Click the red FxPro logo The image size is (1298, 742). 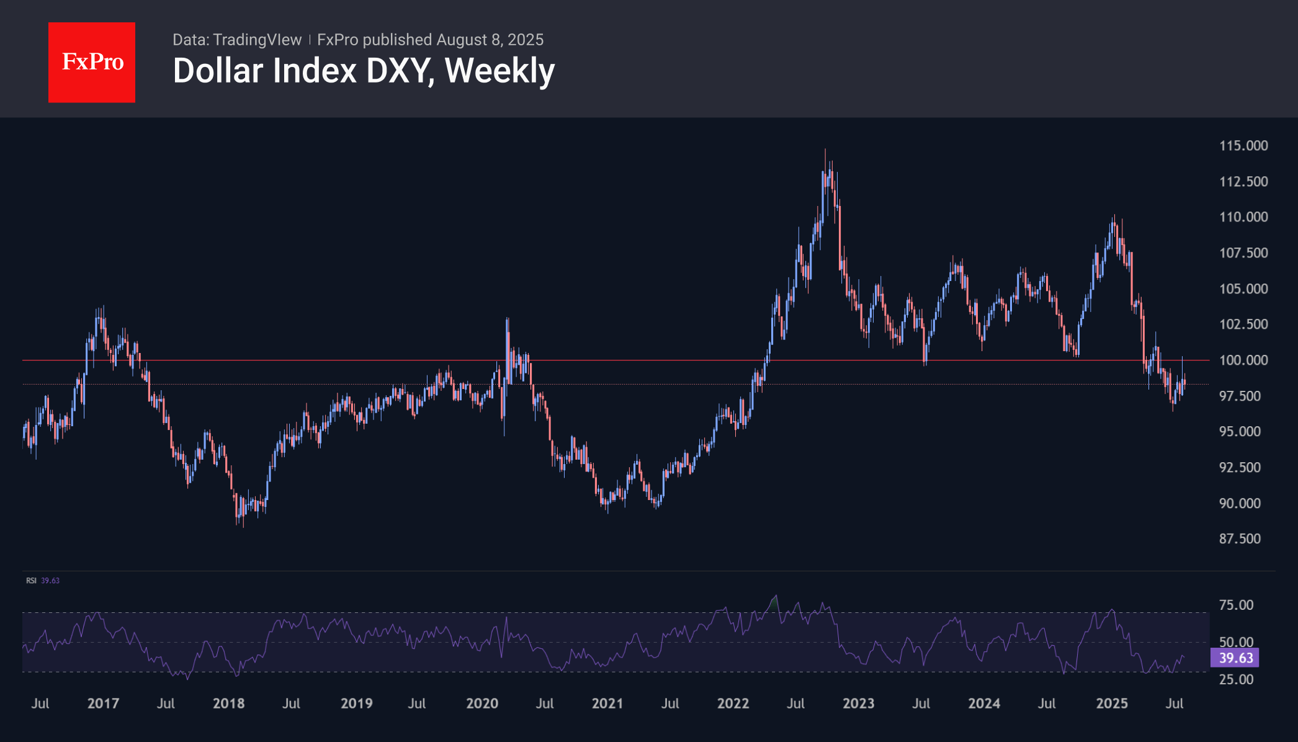pyautogui.click(x=92, y=62)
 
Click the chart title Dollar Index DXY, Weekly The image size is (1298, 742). pyautogui.click(x=364, y=71)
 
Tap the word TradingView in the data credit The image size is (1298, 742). pyautogui.click(x=257, y=40)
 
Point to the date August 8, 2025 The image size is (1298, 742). pyautogui.click(x=490, y=40)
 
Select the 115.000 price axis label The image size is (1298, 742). pyautogui.click(x=1243, y=146)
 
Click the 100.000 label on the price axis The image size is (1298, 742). pyautogui.click(x=1243, y=360)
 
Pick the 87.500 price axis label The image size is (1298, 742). pyautogui.click(x=1240, y=539)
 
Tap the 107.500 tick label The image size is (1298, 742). pyautogui.click(x=1243, y=253)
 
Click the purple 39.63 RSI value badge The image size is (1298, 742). pyautogui.click(x=1235, y=658)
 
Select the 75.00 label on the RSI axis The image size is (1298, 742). pyautogui.click(x=1236, y=605)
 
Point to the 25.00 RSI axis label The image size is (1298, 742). pyautogui.click(x=1236, y=679)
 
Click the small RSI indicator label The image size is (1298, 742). pyautogui.click(x=31, y=581)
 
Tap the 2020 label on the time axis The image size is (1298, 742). pyautogui.click(x=482, y=704)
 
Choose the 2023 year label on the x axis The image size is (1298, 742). pyautogui.click(x=858, y=704)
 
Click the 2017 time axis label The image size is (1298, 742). pyautogui.click(x=103, y=704)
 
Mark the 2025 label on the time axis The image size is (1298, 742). pyautogui.click(x=1111, y=704)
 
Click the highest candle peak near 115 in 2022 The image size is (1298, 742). pyautogui.click(x=825, y=151)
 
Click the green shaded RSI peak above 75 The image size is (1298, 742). pyautogui.click(x=774, y=600)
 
